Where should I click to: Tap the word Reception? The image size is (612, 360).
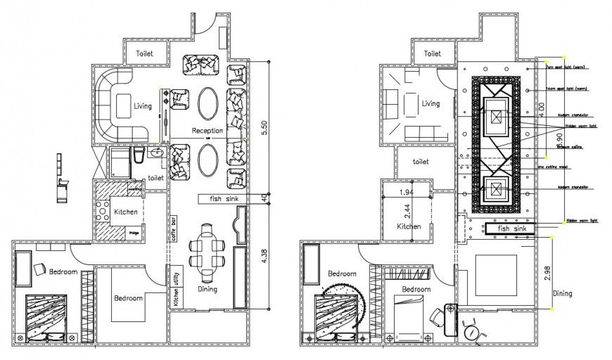pos(208,131)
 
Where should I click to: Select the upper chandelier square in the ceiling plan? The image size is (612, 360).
pos(497,110)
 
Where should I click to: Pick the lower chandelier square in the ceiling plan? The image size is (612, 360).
pos(497,188)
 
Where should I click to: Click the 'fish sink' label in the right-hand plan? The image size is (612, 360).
pos(509,229)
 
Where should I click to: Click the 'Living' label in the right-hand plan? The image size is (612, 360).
pos(430,103)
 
